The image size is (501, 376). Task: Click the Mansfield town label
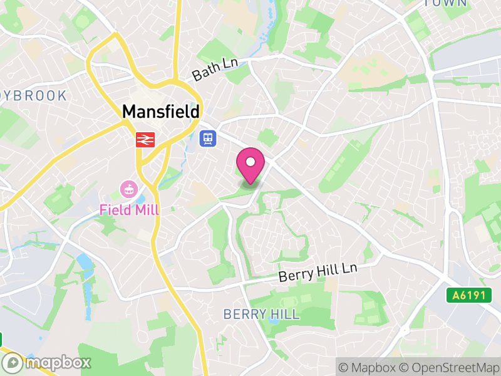161,112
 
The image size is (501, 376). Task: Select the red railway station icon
145,139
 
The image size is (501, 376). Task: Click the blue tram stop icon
207,138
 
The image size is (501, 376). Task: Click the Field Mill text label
129,209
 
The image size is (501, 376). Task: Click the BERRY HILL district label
261,314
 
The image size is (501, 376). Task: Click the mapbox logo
48,362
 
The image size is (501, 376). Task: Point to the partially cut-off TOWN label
445,3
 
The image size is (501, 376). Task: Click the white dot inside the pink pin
250,162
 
